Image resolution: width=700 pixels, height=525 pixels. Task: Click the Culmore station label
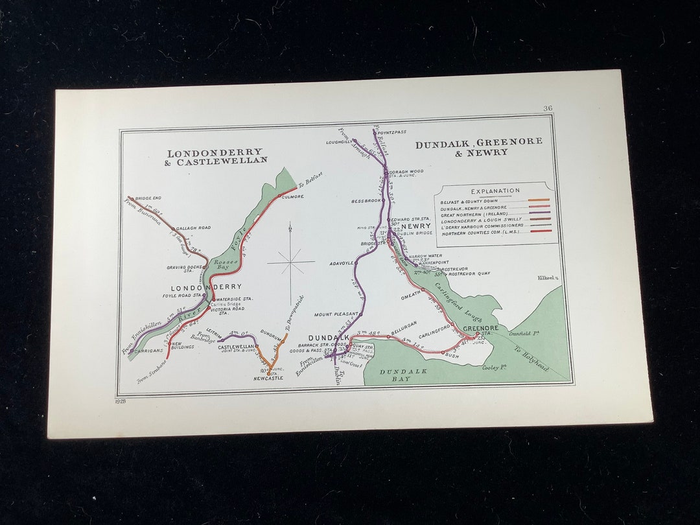pos(294,196)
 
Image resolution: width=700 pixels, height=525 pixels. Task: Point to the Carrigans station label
pos(148,351)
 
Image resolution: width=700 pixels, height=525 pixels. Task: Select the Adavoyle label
pos(341,263)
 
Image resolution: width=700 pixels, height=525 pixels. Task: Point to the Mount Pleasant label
pos(336,314)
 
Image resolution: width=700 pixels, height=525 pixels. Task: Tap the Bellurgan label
pos(404,322)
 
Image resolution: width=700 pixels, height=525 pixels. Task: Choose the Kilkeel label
pos(547,278)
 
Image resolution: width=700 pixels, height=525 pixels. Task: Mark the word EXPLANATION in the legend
pos(495,191)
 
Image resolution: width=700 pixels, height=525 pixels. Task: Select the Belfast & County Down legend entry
pos(469,202)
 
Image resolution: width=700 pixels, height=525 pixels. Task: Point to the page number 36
pos(548,108)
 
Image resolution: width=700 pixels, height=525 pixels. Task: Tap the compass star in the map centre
pos(290,262)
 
